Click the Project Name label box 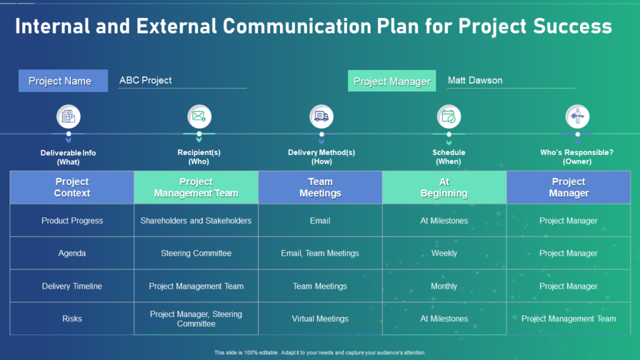(63, 81)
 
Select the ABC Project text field (182, 81)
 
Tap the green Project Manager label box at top (392, 81)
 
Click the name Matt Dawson (475, 81)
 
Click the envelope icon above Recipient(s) (199, 116)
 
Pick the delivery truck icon (322, 116)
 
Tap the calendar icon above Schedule (449, 116)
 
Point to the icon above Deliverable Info (68, 116)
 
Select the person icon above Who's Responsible (577, 116)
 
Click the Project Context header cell (72, 187)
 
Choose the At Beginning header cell (444, 187)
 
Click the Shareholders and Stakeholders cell (196, 221)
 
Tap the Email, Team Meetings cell (320, 253)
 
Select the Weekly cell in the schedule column (444, 253)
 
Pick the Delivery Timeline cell (72, 286)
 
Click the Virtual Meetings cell (320, 319)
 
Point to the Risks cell (72, 319)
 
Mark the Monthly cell (444, 286)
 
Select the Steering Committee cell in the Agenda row (196, 253)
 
